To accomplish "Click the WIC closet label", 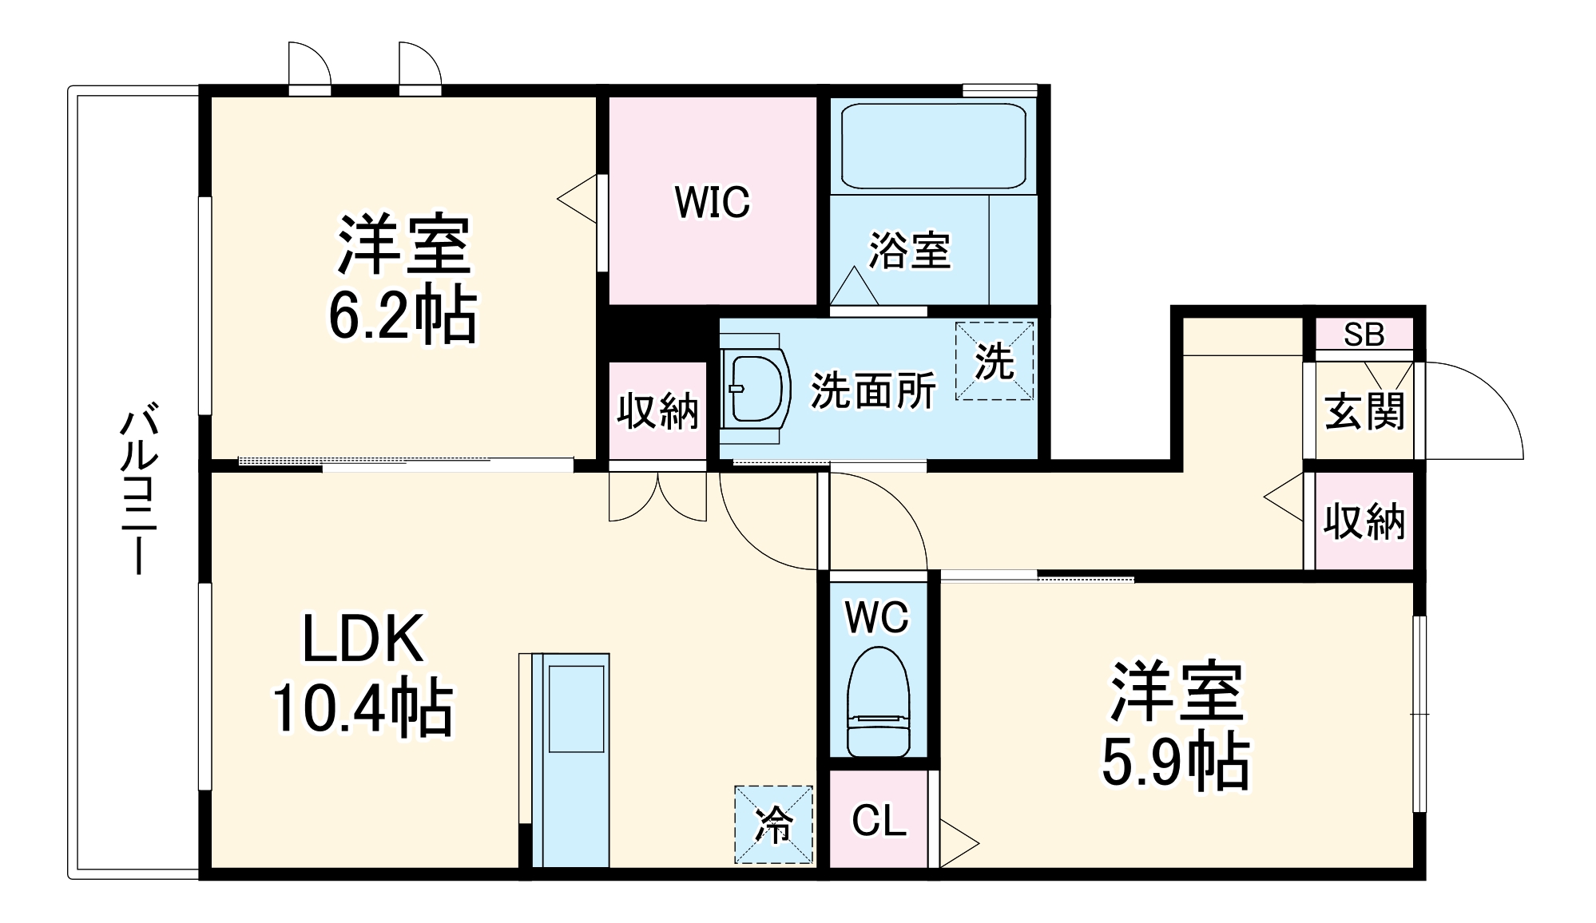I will coord(713,202).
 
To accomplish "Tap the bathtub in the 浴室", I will coord(932,148).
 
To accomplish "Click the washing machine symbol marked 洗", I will coord(995,362).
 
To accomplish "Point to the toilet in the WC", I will coord(878,703).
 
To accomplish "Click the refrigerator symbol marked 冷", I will coord(773,825).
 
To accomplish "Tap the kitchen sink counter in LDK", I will coord(570,759).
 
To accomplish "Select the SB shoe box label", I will coord(1364,335).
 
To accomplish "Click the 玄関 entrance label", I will coord(1364,411).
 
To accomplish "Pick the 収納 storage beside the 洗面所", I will coord(657,411).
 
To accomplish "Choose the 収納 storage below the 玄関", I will coord(1364,521).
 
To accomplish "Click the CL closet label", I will coord(879,820).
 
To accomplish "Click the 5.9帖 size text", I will coord(1175,762).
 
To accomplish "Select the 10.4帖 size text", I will coord(363,707).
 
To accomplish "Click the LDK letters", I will coord(363,639).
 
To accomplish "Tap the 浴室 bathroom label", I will coord(910,250).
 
